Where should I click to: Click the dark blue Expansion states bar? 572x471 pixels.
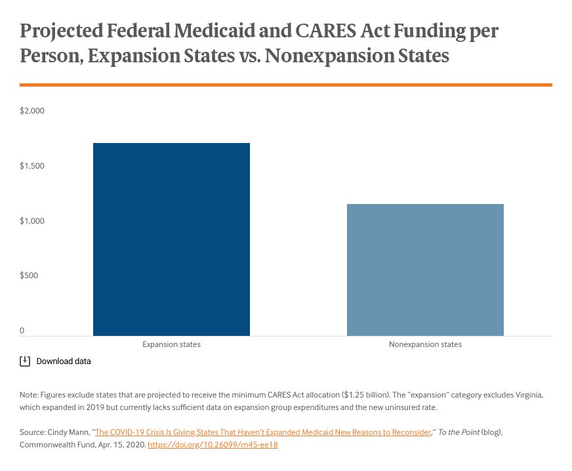[x=171, y=239]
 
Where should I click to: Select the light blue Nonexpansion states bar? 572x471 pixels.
[x=425, y=270]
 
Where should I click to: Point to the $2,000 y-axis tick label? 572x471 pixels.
[x=32, y=111]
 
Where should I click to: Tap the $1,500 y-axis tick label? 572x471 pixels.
[x=32, y=166]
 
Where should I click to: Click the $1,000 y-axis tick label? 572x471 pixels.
[x=32, y=221]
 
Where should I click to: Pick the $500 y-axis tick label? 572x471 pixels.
[x=30, y=276]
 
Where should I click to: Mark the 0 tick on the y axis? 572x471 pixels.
[x=22, y=331]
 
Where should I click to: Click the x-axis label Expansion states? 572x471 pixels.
[x=171, y=344]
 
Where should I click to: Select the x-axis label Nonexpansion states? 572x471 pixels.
[x=425, y=344]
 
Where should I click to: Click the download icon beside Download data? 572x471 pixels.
[x=25, y=361]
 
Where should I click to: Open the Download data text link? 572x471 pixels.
[x=64, y=361]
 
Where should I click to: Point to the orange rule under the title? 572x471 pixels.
[x=286, y=85]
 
